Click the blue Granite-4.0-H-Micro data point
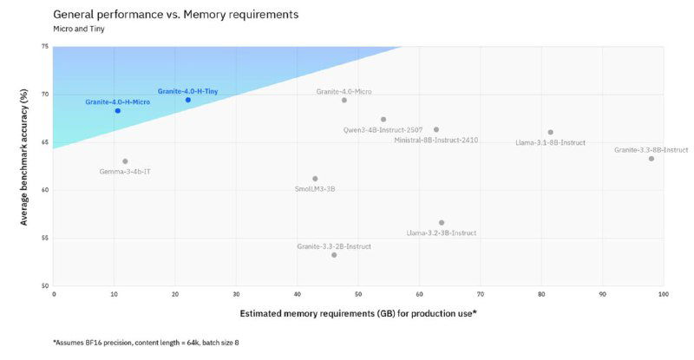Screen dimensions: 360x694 (x=118, y=111)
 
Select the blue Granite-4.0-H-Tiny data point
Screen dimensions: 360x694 (x=188, y=100)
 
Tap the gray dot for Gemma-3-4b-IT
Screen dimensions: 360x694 (x=125, y=161)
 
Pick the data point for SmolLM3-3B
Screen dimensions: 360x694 (x=315, y=179)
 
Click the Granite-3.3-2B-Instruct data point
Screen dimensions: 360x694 (x=334, y=255)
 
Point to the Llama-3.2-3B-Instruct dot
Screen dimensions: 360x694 (x=442, y=223)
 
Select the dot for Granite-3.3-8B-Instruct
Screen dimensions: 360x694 (x=651, y=159)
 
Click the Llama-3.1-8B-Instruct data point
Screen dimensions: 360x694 (x=551, y=133)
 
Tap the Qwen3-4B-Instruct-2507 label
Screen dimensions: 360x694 (x=383, y=130)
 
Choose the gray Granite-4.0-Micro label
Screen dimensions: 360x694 (x=344, y=91)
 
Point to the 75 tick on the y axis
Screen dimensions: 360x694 (x=45, y=46)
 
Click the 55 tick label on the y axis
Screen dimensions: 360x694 (x=45, y=238)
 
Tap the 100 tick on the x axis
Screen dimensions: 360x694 (x=663, y=295)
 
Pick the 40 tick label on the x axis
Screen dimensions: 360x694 (x=298, y=295)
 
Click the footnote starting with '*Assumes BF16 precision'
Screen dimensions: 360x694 (x=146, y=343)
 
